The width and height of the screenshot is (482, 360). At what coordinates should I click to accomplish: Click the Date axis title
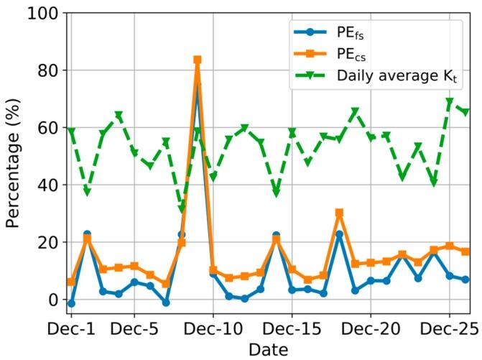click(268, 350)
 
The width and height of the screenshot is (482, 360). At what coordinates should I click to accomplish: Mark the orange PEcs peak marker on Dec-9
click(198, 60)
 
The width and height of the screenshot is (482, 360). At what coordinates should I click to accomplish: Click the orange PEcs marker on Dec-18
click(339, 213)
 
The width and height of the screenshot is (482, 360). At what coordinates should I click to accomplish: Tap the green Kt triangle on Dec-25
click(450, 103)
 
